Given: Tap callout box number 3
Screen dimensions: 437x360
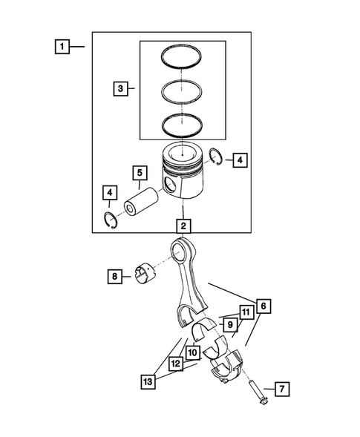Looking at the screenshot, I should point(120,89).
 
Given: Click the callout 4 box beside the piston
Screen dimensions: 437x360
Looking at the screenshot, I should point(238,159).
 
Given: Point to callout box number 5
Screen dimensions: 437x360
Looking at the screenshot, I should point(138,174).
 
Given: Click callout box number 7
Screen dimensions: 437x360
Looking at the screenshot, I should point(281,389).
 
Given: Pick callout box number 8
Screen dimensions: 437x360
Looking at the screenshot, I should point(114,277).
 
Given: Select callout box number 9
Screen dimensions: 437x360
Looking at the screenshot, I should point(230,324).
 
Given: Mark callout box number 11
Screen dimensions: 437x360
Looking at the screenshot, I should point(243,312).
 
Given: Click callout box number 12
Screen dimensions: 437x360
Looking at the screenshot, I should point(175,365).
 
